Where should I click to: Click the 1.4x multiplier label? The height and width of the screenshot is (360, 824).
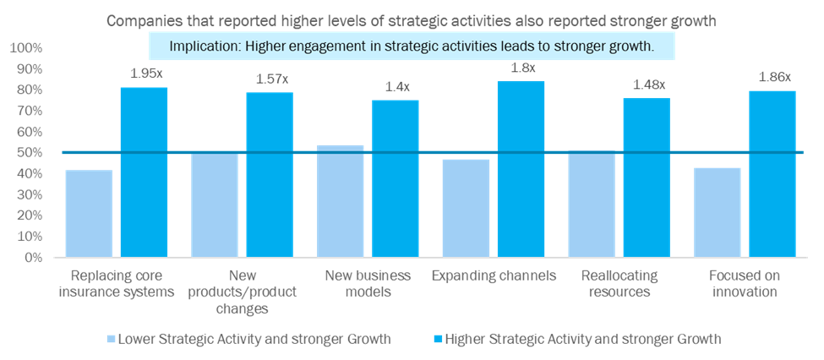pos(395,86)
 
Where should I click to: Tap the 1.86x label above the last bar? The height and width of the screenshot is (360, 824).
pos(772,77)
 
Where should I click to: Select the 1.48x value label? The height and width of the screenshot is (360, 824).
pos(647,84)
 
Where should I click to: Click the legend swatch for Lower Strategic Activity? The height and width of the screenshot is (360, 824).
pos(110,339)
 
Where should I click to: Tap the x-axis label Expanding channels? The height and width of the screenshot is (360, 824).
pos(494,276)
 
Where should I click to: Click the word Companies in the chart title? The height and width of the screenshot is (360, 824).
pos(141,20)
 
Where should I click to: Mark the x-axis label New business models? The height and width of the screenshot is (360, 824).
pos(368,284)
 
